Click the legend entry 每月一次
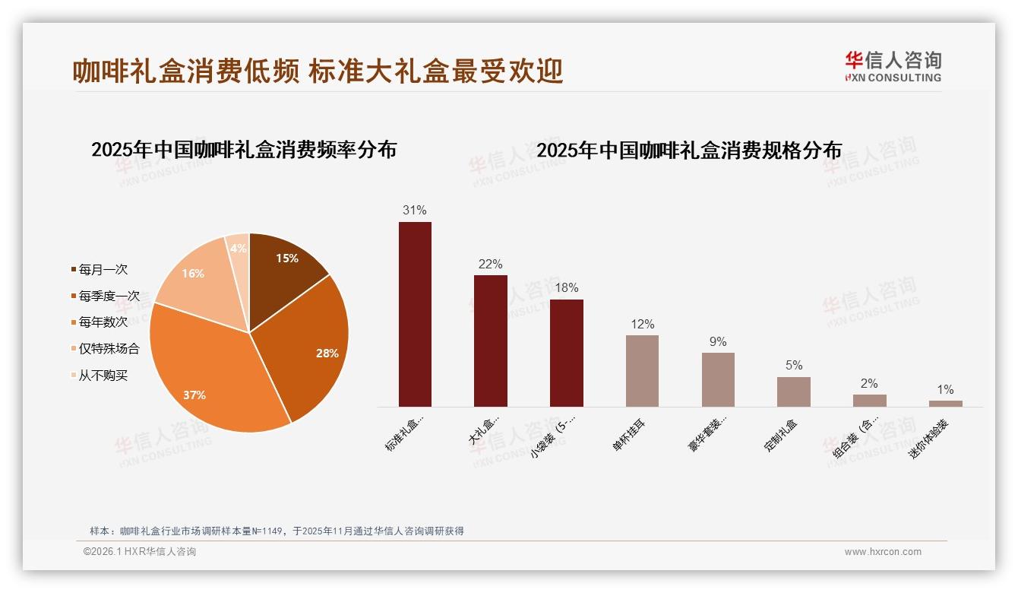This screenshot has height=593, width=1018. (x=103, y=269)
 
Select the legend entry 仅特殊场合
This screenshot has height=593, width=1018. (x=109, y=349)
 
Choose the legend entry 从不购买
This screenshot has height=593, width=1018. (x=103, y=376)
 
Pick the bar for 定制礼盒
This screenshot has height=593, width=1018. (x=793, y=392)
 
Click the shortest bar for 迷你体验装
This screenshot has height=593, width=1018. (x=945, y=404)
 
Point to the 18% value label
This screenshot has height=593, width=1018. (x=566, y=287)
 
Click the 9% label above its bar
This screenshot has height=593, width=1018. (x=718, y=341)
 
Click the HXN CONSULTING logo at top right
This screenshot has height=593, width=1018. (x=893, y=67)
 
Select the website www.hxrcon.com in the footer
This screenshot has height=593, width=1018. (x=883, y=552)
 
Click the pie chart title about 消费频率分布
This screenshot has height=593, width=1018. (x=244, y=149)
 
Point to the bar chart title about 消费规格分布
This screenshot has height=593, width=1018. (x=689, y=151)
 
